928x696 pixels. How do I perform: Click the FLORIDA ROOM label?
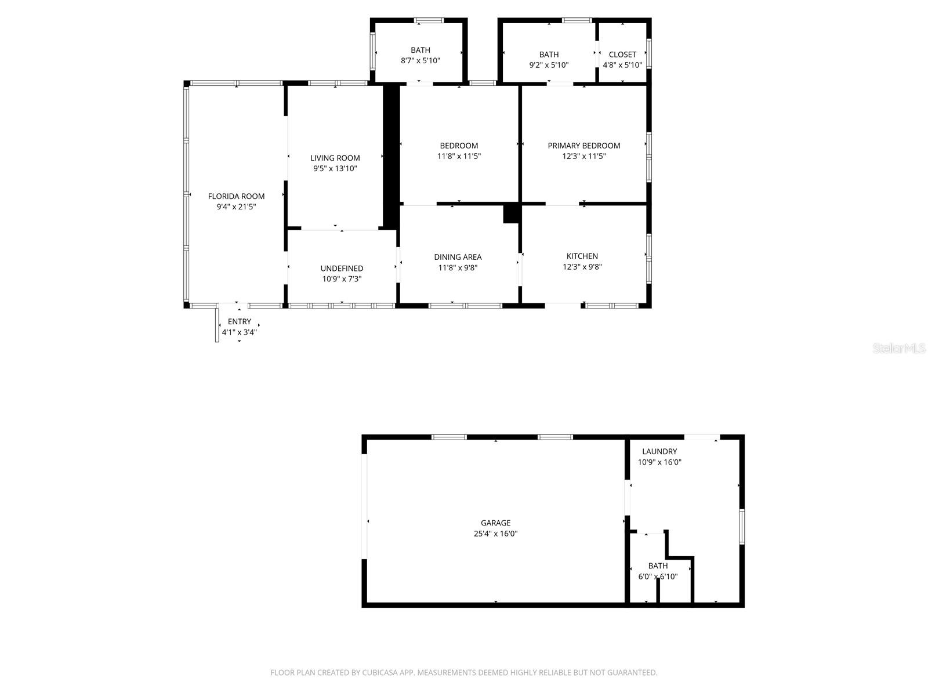pyautogui.click(x=236, y=196)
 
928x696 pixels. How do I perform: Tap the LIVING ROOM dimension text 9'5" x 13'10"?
pyautogui.click(x=335, y=169)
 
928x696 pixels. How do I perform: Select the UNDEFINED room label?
pyautogui.click(x=342, y=268)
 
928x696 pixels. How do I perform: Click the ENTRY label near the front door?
pyautogui.click(x=240, y=321)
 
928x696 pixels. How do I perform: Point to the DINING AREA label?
pyautogui.click(x=458, y=257)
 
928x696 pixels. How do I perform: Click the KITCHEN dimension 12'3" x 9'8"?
pyautogui.click(x=582, y=267)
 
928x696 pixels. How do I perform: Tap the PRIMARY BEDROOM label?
pyautogui.click(x=583, y=146)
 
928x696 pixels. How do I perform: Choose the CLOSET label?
pyautogui.click(x=622, y=55)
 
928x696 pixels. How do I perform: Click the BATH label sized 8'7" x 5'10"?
pyautogui.click(x=420, y=50)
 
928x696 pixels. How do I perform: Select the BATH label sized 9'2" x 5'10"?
pyautogui.click(x=549, y=55)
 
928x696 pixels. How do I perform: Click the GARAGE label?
pyautogui.click(x=495, y=523)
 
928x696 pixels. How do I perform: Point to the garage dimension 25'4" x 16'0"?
pyautogui.click(x=495, y=534)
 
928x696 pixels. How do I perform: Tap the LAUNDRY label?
pyautogui.click(x=659, y=451)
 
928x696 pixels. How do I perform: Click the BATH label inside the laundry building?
pyautogui.click(x=658, y=565)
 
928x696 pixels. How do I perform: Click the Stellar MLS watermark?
pyautogui.click(x=899, y=348)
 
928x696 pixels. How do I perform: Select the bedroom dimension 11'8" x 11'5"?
pyautogui.click(x=459, y=156)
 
